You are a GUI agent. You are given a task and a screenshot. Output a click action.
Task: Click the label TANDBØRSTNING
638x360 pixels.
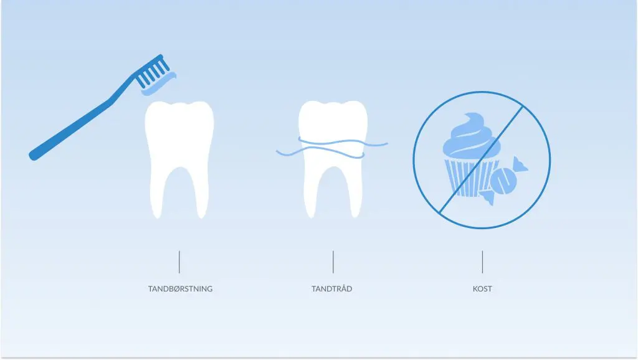click(180, 289)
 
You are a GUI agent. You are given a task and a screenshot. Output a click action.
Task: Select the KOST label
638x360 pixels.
click(482, 289)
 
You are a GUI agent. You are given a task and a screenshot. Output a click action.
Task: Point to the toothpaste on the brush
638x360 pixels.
click(159, 84)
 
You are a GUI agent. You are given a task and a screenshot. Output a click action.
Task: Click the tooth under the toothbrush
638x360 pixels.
click(179, 159)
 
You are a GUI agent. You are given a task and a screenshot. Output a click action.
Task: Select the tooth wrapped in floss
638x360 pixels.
click(333, 159)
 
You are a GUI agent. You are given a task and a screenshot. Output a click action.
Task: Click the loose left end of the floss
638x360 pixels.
click(277, 152)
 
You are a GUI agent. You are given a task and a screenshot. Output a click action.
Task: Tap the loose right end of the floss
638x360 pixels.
click(386, 143)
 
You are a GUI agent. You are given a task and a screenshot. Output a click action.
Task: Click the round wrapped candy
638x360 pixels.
click(503, 181)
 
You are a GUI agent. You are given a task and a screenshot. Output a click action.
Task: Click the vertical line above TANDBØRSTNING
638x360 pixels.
click(179, 262)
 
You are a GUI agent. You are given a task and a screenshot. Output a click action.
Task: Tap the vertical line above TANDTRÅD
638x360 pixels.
click(333, 262)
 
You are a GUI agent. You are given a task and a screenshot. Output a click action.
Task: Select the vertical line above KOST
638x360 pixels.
click(482, 262)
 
